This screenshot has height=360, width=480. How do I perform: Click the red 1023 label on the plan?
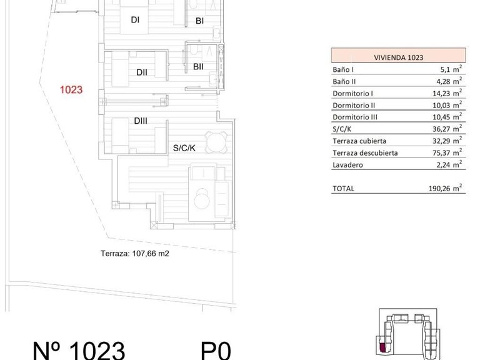coord(71,89)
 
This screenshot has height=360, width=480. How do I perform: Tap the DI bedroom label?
coord(134,19)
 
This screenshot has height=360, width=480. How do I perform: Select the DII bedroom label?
coord(142,72)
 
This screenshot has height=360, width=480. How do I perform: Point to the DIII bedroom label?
coord(140,121)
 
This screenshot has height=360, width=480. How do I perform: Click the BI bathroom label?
coord(200,21)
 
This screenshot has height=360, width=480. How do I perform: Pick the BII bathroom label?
coord(199,66)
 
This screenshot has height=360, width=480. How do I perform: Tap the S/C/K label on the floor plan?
coord(185,149)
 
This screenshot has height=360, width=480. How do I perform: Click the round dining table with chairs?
coord(216,143)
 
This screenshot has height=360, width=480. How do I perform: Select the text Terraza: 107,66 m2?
coord(135,254)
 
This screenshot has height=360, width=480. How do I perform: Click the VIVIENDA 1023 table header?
coord(397,57)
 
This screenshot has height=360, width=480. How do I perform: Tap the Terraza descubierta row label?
coord(366,152)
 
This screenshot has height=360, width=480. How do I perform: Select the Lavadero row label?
coord(347,164)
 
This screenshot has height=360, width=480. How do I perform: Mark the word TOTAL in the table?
coord(343,188)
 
